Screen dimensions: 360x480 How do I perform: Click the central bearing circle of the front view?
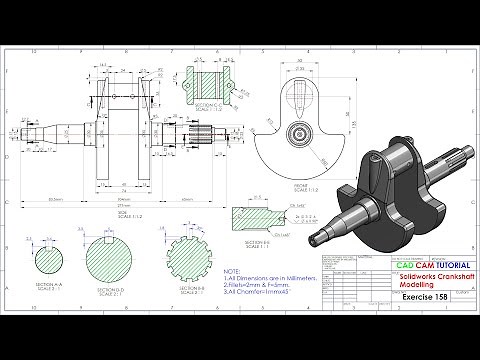[x=301, y=132]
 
